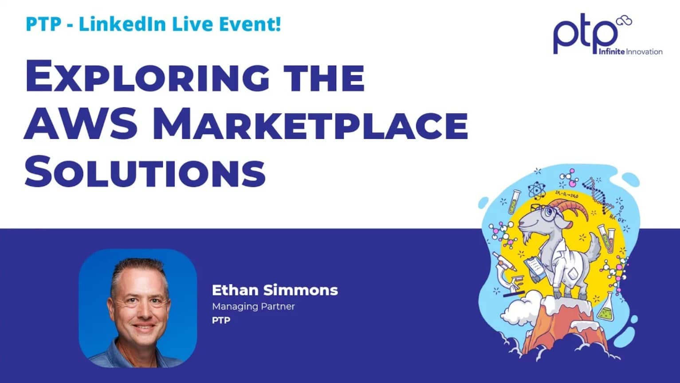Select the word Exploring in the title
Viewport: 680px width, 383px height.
click(146, 78)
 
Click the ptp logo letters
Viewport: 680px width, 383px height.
click(585, 36)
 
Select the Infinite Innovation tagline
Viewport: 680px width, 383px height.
click(630, 51)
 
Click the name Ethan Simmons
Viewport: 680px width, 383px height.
click(275, 290)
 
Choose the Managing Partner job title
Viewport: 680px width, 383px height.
click(253, 306)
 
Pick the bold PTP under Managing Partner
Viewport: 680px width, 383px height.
click(221, 320)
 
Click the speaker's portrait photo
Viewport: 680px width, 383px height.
click(138, 308)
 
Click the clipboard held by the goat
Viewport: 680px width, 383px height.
click(535, 268)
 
